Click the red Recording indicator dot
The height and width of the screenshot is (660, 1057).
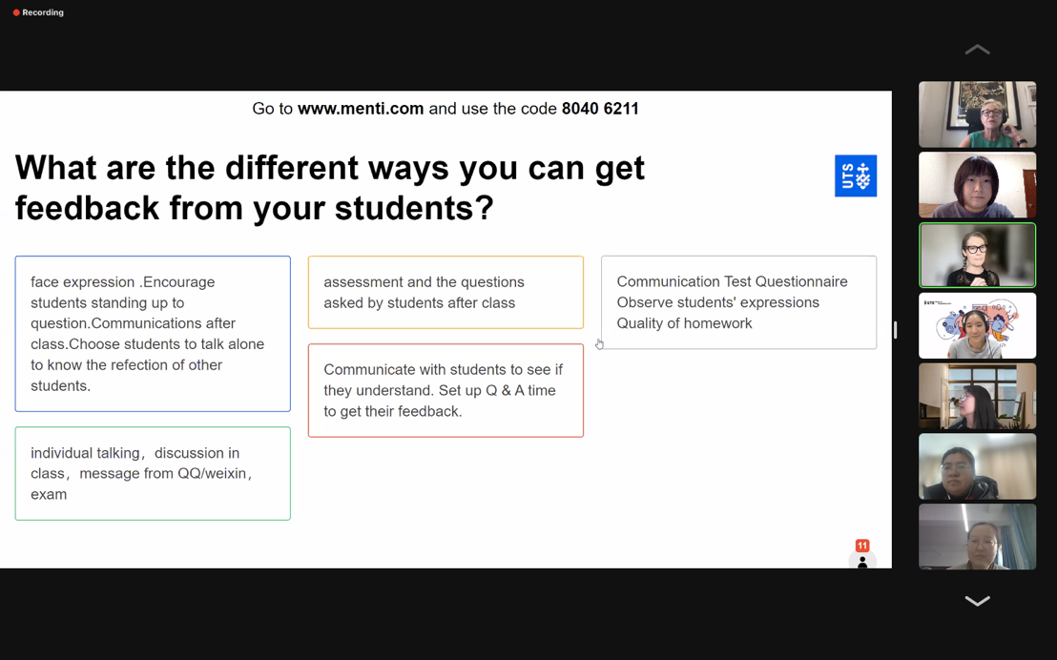coord(16,12)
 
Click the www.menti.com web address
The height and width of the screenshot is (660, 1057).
coord(361,109)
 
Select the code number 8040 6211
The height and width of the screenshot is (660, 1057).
coord(600,109)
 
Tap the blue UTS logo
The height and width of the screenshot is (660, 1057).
coord(856,175)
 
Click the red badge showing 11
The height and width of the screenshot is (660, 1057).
coord(862,546)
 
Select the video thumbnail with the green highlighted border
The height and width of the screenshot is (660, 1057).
coord(978,255)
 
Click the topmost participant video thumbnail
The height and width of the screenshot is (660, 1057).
coord(978,114)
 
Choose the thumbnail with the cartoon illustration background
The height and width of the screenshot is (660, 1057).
coord(978,325)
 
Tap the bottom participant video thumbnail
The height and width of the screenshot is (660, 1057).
coord(978,537)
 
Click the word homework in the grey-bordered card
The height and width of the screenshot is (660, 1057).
coord(718,323)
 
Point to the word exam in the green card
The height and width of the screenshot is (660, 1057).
coord(49,495)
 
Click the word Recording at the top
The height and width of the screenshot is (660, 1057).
coord(43,12)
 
